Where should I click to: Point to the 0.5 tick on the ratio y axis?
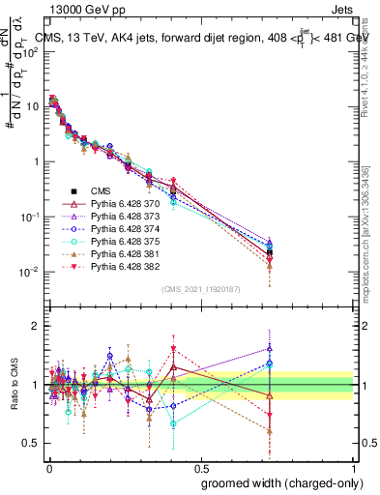32,443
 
